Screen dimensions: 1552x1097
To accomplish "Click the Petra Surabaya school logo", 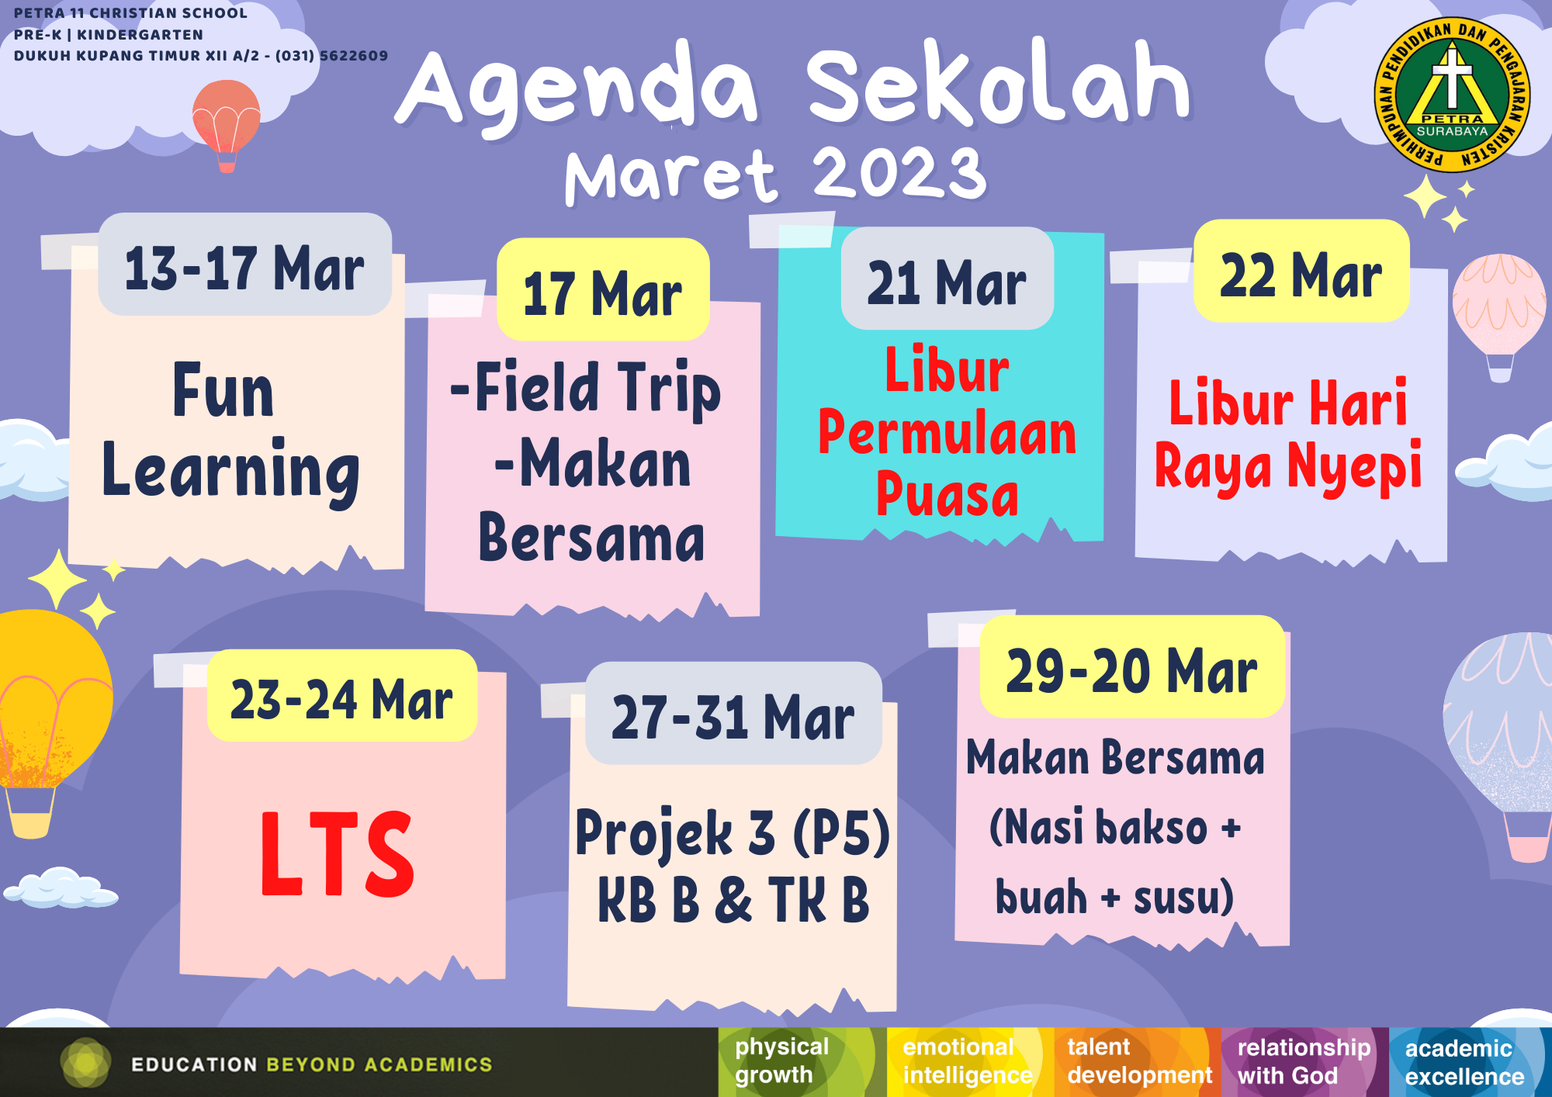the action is [1452, 95].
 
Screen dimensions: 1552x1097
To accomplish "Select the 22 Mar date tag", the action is [1301, 271].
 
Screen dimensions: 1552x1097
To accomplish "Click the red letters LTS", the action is [338, 854].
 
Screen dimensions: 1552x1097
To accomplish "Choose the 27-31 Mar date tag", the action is [733, 713].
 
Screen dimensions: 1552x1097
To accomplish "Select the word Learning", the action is [230, 472].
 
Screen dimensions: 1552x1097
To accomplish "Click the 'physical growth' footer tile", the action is [802, 1062].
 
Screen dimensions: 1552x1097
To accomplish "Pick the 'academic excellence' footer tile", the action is [1471, 1062].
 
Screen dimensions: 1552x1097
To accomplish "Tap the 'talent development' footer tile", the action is [1138, 1062].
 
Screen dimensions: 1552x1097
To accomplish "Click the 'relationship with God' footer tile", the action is [1305, 1062].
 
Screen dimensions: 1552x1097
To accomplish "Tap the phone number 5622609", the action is [354, 56].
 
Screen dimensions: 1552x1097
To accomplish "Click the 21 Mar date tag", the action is [947, 279].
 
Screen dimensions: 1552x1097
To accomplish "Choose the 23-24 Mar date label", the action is [342, 696].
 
